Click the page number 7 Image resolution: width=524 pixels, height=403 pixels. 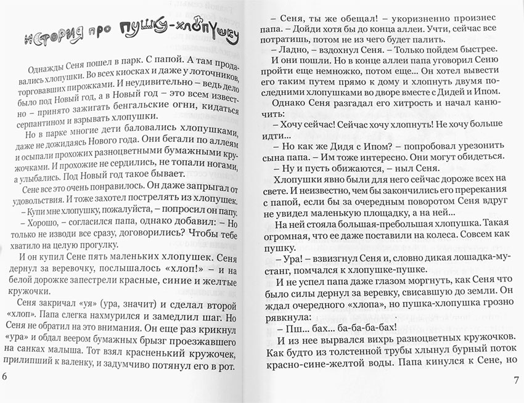click(x=517, y=378)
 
